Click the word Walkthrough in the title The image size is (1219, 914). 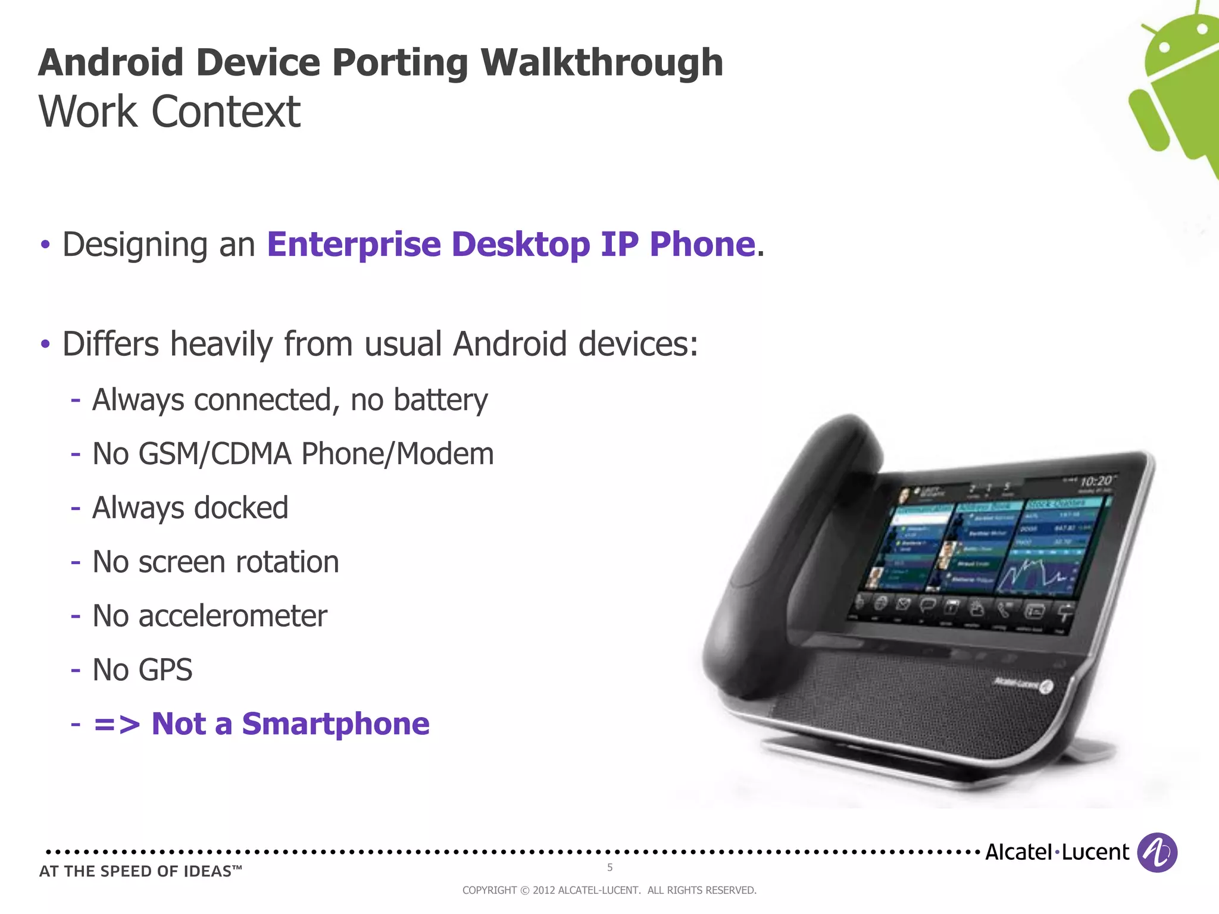(x=601, y=62)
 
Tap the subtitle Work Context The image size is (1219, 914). (x=170, y=111)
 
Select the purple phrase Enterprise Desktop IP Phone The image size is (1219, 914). (x=511, y=244)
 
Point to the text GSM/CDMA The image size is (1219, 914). (x=215, y=454)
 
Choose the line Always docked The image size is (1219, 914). (x=190, y=508)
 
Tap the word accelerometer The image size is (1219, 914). (x=233, y=616)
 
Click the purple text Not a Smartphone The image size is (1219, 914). (x=290, y=724)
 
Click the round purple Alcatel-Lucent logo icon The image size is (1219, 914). (x=1157, y=853)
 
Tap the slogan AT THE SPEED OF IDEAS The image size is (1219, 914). (x=140, y=871)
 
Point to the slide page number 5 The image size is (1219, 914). (x=609, y=868)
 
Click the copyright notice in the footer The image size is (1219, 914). (x=609, y=890)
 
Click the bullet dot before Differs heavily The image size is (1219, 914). (x=45, y=344)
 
